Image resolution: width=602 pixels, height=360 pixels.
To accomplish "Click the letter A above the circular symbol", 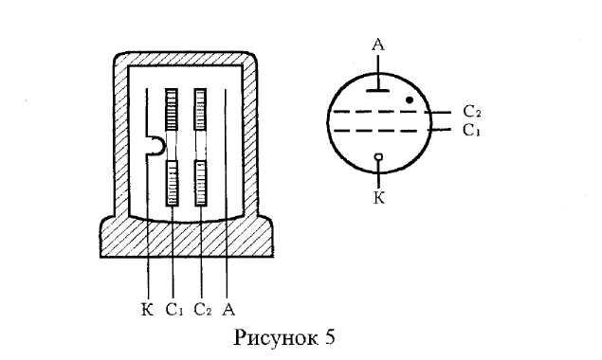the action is [x=378, y=45].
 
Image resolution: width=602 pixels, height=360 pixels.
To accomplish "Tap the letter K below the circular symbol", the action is [x=379, y=198].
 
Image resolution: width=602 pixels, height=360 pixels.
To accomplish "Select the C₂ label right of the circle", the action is [x=472, y=112].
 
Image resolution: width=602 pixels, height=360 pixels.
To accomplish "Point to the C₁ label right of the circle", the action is [x=471, y=131].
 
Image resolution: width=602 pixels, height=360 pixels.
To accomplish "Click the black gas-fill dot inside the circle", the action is [x=410, y=100].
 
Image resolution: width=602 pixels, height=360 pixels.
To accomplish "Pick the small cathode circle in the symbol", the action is [x=378, y=156].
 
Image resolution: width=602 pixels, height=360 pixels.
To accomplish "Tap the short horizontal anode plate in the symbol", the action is [x=377, y=91].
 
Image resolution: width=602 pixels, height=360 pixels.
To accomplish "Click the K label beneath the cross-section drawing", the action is [x=148, y=309].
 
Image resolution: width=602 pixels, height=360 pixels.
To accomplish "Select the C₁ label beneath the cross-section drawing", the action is [x=174, y=310].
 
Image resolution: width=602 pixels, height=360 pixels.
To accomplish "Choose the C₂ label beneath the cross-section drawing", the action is [x=203, y=310].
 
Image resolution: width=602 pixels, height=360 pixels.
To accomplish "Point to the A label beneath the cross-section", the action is [x=228, y=309].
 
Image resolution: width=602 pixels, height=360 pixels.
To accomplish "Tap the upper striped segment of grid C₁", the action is [x=172, y=109].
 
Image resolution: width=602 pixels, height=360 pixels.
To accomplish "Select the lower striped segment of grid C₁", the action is [x=172, y=183].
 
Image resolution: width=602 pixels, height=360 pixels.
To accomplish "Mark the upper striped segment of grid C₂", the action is [x=200, y=109].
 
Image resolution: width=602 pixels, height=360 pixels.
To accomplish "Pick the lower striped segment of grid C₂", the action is [x=200, y=183].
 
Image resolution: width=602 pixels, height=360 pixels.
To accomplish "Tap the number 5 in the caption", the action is [x=330, y=338].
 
